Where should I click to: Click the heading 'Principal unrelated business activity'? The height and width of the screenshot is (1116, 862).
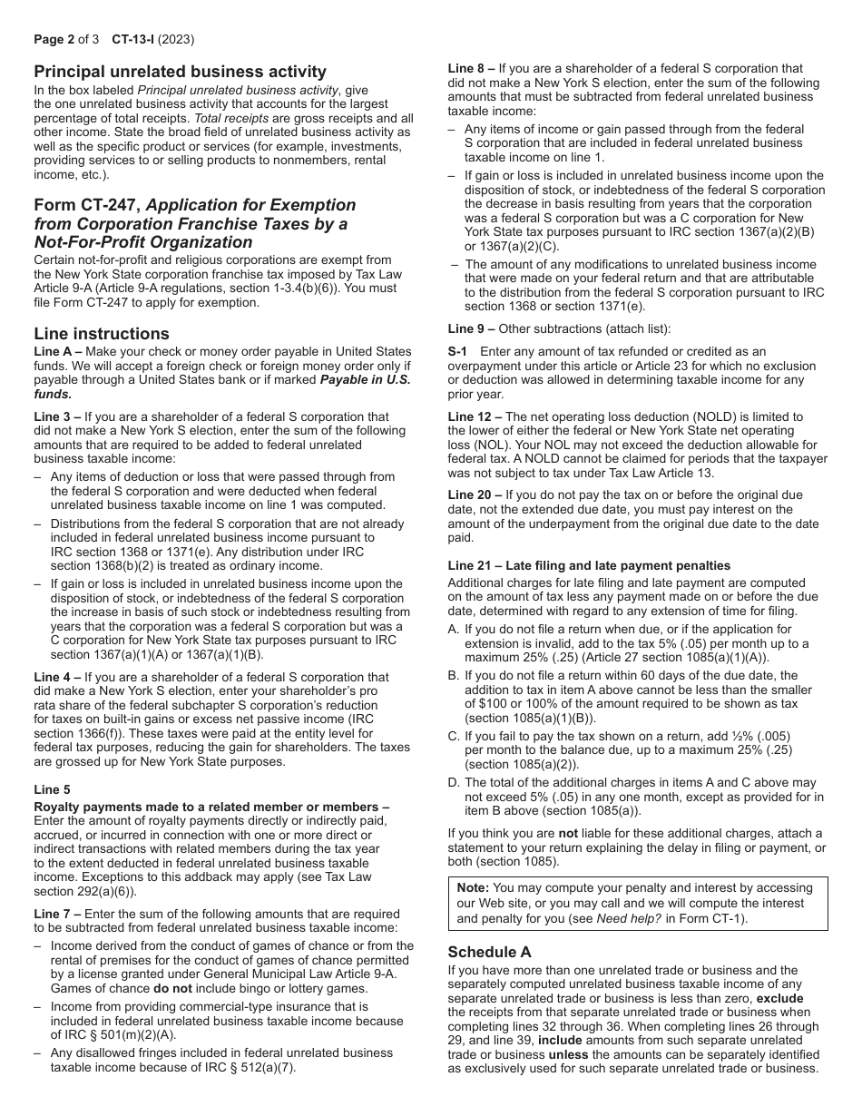click(180, 72)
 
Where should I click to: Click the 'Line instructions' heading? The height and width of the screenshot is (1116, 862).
click(102, 333)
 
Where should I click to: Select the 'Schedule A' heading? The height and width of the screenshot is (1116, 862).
click(491, 952)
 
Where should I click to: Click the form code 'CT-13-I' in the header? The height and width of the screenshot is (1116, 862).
click(136, 40)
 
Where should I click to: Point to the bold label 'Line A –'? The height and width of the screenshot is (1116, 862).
click(58, 352)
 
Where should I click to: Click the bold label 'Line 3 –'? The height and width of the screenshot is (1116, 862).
click(58, 417)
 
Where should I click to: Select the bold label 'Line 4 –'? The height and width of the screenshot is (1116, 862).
click(58, 677)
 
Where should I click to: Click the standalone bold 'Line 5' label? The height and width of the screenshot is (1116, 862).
click(52, 790)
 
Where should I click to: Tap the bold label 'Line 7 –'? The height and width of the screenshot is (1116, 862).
click(58, 914)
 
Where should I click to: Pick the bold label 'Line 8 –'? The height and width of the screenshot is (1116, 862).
click(473, 68)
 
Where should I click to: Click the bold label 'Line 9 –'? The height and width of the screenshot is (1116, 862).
click(473, 328)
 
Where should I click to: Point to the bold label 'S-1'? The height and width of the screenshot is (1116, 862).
click(458, 352)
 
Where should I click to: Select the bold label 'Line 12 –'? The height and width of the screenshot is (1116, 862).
click(475, 416)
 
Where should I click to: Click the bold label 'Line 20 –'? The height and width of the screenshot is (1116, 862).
click(475, 495)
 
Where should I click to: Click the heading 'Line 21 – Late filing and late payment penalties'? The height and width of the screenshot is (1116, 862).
click(589, 565)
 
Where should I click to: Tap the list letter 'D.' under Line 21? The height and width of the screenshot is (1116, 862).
click(454, 783)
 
